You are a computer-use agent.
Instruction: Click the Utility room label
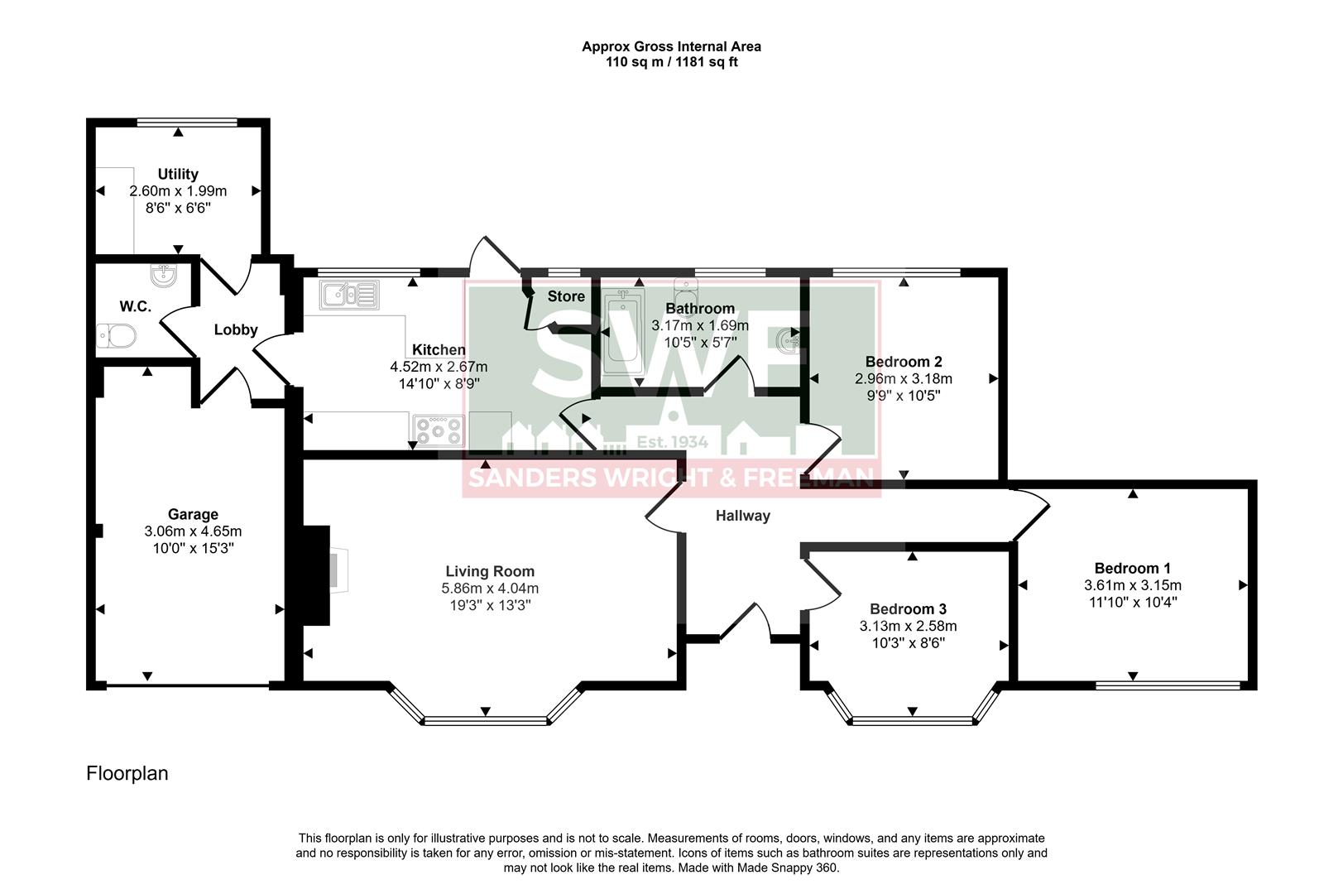pyautogui.click(x=178, y=174)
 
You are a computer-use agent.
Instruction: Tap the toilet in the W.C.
pyautogui.click(x=117, y=337)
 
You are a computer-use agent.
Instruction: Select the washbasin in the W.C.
pyautogui.click(x=163, y=275)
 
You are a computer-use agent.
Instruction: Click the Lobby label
pyautogui.click(x=236, y=329)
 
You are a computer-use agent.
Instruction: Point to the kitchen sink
pyautogui.click(x=350, y=295)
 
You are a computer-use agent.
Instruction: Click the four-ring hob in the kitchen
pyautogui.click(x=439, y=430)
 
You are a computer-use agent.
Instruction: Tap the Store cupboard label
pyautogui.click(x=566, y=296)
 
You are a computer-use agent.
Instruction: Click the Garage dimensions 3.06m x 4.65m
pyautogui.click(x=193, y=531)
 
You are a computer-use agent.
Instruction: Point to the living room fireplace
pyautogui.click(x=317, y=574)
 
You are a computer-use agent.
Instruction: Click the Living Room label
pyautogui.click(x=490, y=571)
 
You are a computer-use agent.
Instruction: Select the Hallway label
pyautogui.click(x=742, y=516)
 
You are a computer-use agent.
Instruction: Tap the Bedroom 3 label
pyautogui.click(x=908, y=609)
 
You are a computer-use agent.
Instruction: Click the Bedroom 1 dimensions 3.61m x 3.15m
pyautogui.click(x=1132, y=585)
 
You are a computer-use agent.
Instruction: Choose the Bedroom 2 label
pyautogui.click(x=904, y=362)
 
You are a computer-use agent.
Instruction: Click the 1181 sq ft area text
pyautogui.click(x=708, y=62)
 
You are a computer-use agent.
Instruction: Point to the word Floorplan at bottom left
pyautogui.click(x=127, y=773)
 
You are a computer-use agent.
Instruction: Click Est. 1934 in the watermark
pyautogui.click(x=671, y=442)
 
